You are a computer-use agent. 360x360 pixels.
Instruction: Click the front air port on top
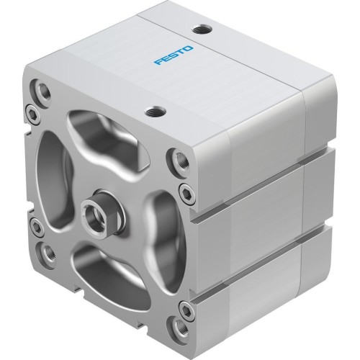[153, 111]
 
